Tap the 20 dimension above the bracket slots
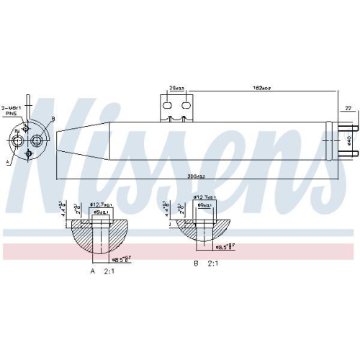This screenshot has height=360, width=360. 176,88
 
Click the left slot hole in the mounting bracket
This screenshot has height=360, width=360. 168,105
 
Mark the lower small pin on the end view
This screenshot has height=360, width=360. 29,153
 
